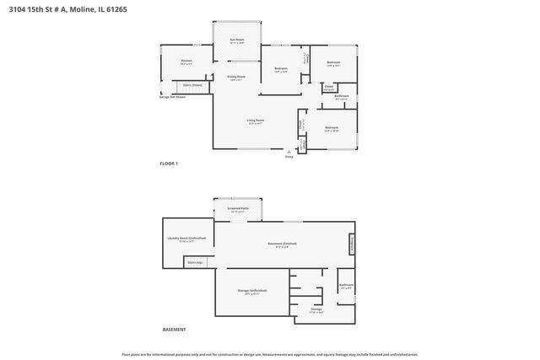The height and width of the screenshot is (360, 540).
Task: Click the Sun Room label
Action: (x=237, y=40)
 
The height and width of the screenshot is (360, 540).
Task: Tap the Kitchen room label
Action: (x=186, y=61)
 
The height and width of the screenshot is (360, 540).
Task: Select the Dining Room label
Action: (x=236, y=78)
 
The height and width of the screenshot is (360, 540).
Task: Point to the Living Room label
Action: (x=253, y=121)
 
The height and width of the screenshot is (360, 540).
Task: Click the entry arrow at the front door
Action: (x=289, y=151)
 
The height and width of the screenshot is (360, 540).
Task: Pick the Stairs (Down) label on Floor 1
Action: (x=192, y=85)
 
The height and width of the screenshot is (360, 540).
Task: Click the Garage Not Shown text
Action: (x=172, y=96)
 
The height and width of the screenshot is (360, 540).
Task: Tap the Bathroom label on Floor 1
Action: (x=342, y=97)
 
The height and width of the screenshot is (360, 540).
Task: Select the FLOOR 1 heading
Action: (x=170, y=163)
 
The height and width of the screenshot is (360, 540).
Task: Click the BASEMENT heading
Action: (x=174, y=330)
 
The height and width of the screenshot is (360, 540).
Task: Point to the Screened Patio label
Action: (x=237, y=208)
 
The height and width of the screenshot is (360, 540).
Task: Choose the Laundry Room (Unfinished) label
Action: (x=187, y=239)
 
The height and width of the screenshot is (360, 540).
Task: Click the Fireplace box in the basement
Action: (x=351, y=244)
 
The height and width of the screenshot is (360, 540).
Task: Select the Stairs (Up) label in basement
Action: (x=195, y=262)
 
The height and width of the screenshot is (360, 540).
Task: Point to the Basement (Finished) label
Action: (x=283, y=244)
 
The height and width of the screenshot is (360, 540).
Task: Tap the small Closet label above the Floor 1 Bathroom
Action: (x=329, y=86)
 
